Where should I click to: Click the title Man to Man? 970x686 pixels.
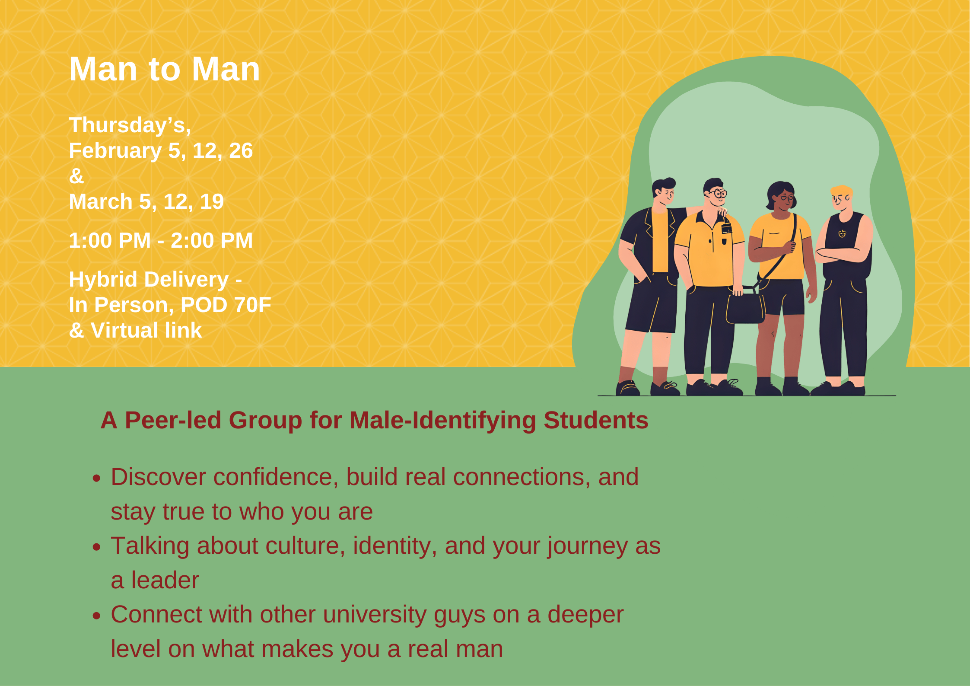[165, 69]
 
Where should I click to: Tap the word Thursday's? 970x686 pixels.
[130, 125]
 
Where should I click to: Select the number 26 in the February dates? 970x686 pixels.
[241, 151]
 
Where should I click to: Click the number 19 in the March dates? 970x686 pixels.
[212, 202]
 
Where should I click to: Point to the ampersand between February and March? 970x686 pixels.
[76, 176]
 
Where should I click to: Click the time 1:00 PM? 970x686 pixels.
[110, 241]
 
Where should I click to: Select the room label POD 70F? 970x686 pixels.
[226, 305]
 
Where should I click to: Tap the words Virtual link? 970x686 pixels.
[146, 331]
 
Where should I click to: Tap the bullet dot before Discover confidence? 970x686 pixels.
[97, 479]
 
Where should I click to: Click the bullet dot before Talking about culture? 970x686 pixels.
[97, 547]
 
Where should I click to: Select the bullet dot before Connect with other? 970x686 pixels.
[97, 616]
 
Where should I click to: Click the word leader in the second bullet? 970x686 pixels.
[165, 580]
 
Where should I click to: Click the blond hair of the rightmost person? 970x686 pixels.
[841, 191]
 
